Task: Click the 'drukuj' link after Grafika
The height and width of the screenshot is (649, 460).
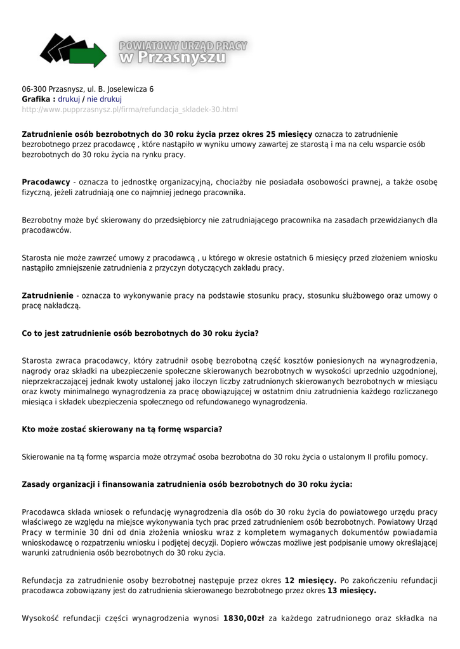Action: click(x=69, y=100)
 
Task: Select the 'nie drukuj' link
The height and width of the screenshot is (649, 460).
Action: click(x=104, y=100)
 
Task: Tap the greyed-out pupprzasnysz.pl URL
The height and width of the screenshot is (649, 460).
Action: click(x=130, y=110)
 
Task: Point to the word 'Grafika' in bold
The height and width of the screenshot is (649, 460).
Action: click(x=36, y=100)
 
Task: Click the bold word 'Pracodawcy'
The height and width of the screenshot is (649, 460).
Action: click(x=46, y=182)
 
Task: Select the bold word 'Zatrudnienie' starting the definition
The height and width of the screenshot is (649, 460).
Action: click(x=48, y=295)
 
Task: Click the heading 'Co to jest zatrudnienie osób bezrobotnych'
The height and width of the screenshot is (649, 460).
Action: click(x=140, y=333)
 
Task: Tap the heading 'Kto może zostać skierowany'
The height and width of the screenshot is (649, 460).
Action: click(x=122, y=429)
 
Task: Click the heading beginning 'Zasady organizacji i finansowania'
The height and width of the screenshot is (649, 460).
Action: click(x=187, y=484)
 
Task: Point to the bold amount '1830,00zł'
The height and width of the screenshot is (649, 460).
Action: click(x=244, y=618)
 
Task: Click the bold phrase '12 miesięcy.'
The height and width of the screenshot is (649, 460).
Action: click(x=310, y=581)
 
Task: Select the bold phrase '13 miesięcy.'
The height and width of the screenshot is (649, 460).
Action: click(x=352, y=591)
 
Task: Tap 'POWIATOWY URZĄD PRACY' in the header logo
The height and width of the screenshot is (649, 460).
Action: click(x=183, y=46)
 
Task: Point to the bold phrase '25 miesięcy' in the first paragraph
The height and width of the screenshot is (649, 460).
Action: click(x=289, y=134)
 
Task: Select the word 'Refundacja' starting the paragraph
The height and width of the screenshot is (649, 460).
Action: click(x=43, y=581)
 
